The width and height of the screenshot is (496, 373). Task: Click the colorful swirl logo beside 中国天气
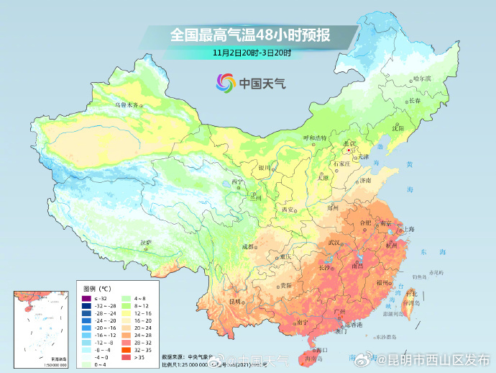coord(226,83)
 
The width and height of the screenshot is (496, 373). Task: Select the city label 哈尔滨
coord(423,78)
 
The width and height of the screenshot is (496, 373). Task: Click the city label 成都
coord(248,246)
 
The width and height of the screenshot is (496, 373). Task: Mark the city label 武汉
coord(336,243)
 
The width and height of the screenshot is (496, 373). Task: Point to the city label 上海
coord(409,229)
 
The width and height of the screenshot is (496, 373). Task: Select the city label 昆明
coord(235,301)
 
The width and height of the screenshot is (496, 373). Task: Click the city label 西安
coord(288,210)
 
